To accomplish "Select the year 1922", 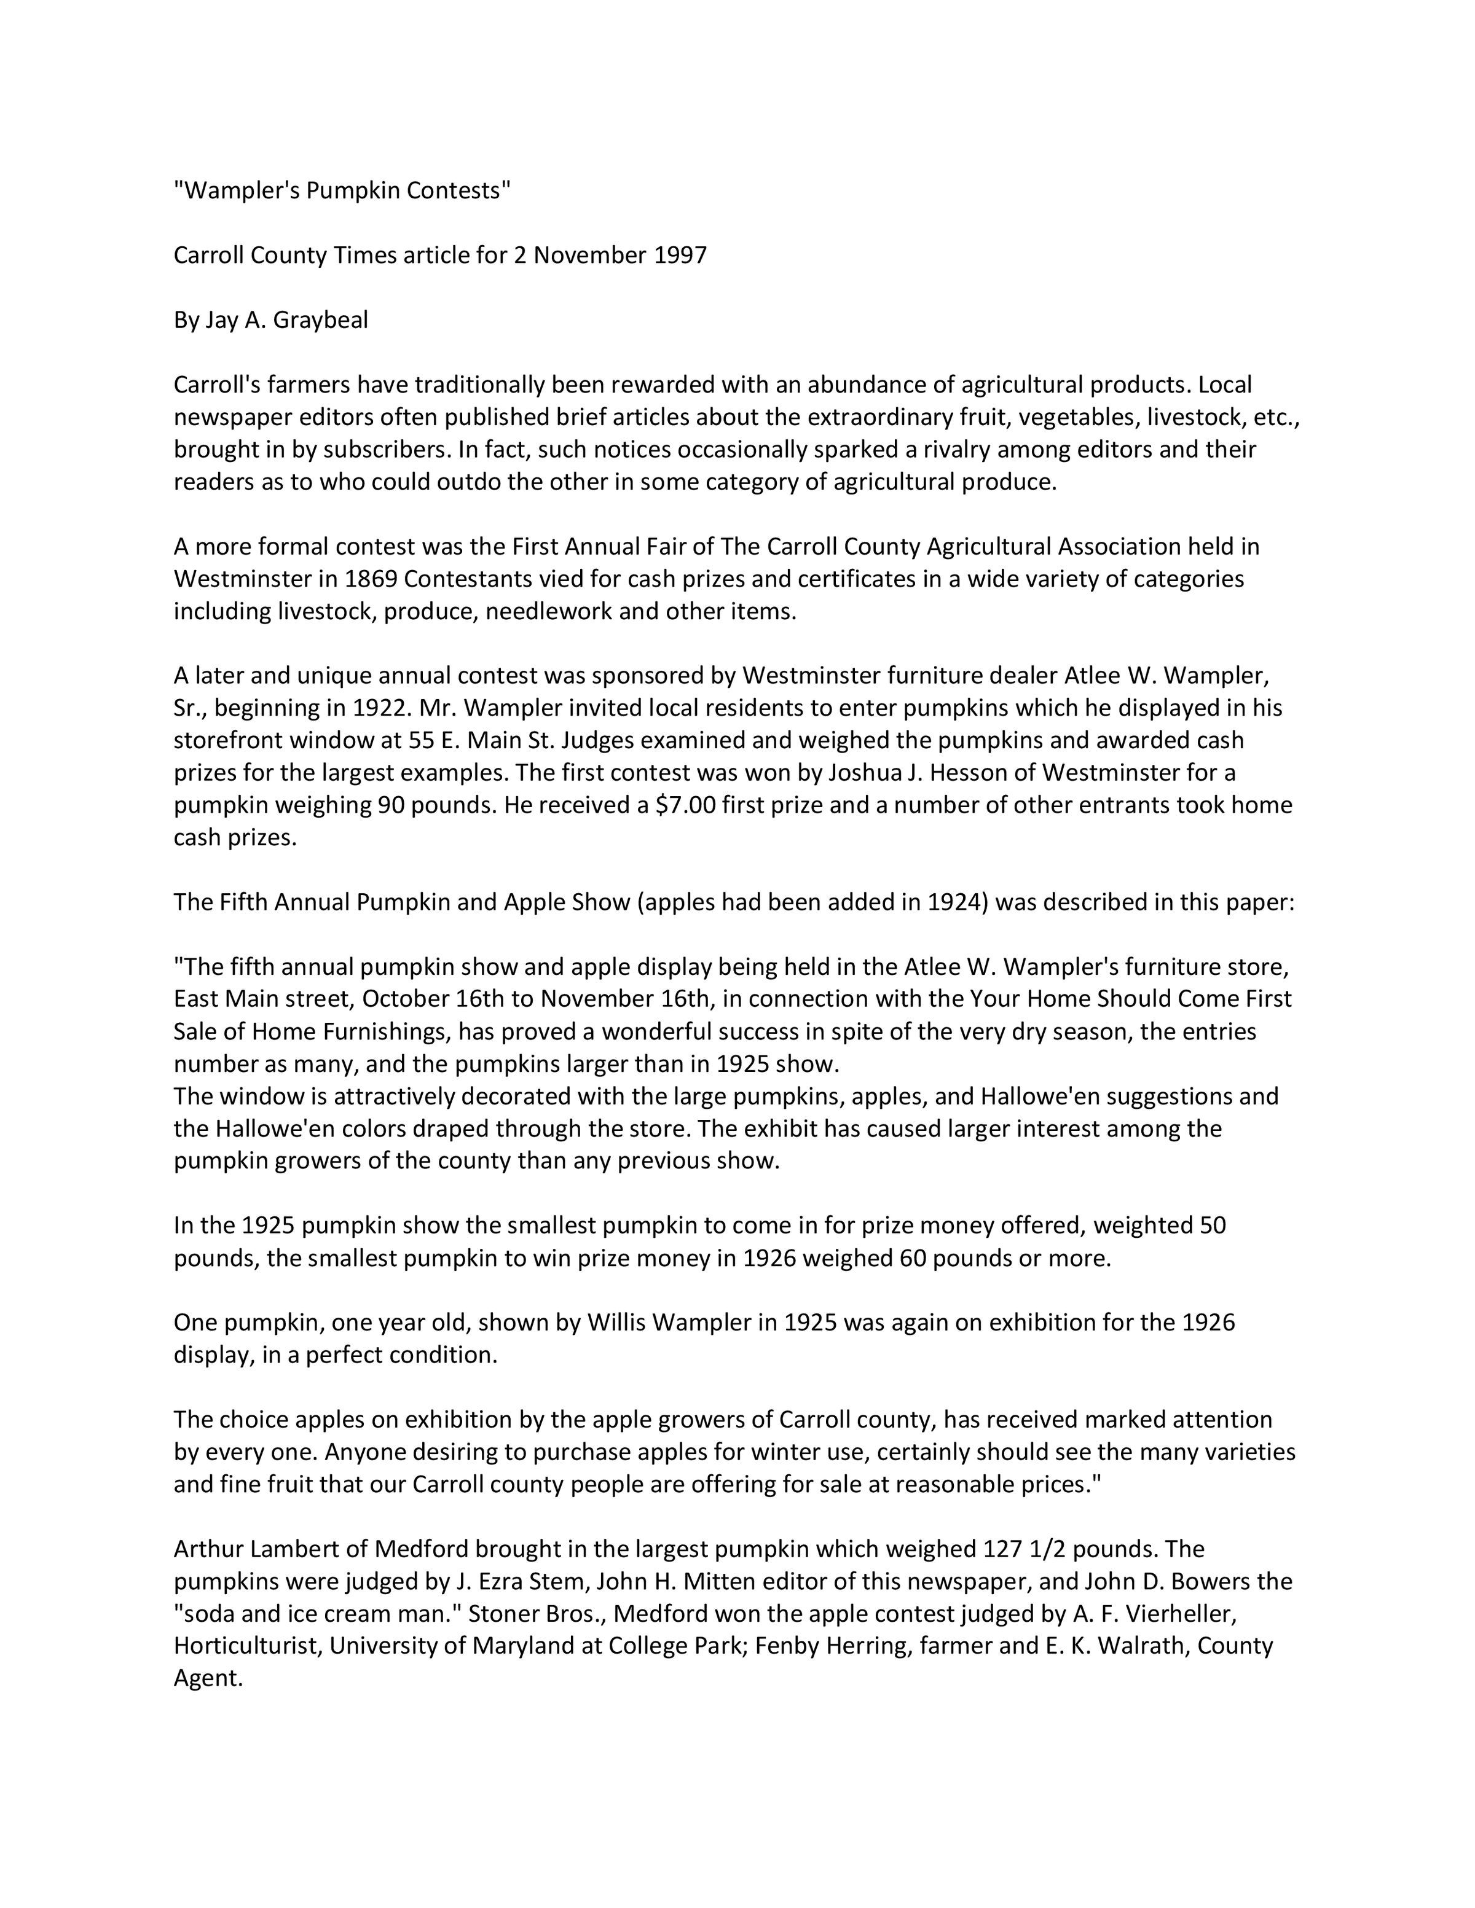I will pos(380,707).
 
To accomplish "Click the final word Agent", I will pos(207,1678).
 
